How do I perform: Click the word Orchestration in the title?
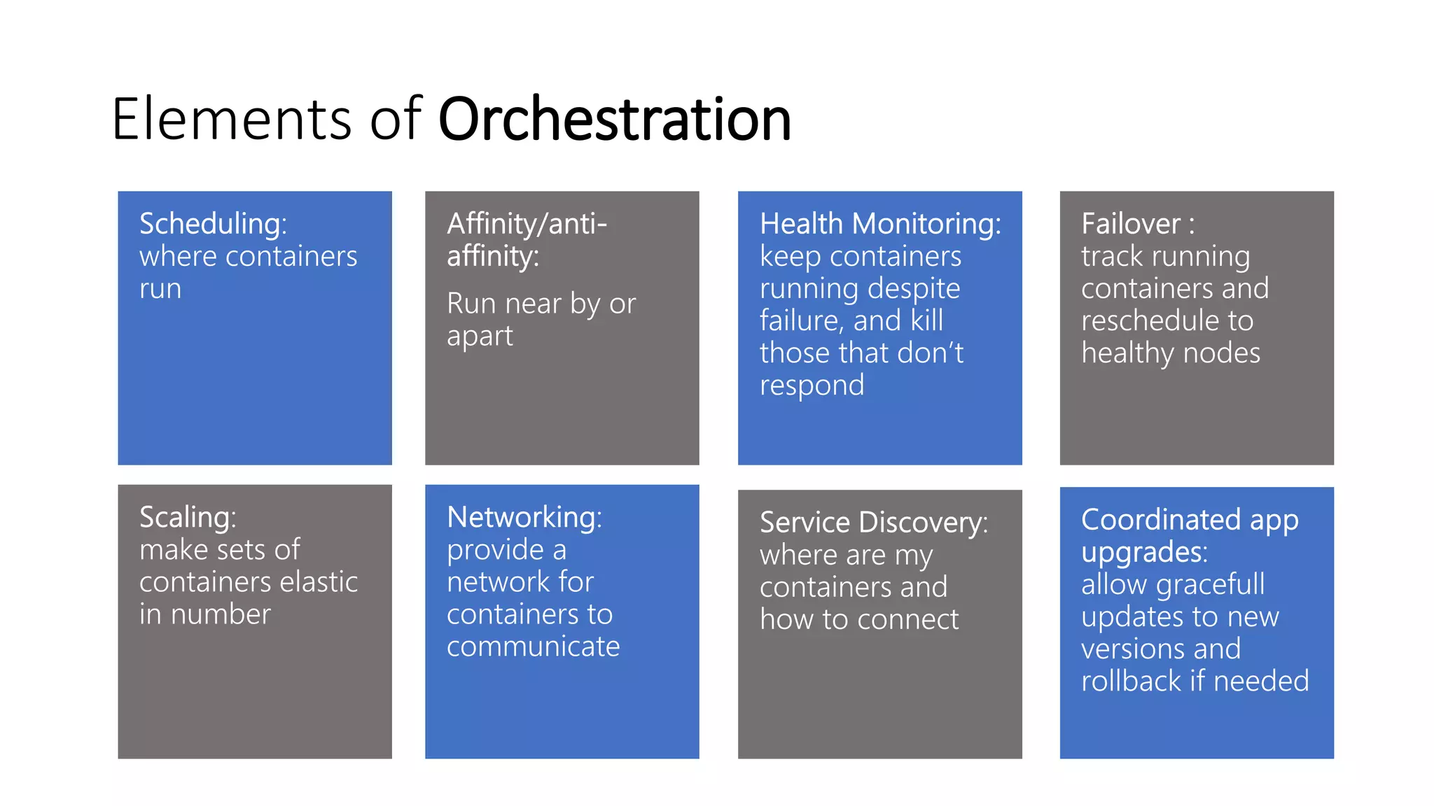614,119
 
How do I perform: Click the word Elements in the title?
231,119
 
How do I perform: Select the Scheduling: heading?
213,224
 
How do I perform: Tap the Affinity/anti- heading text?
527,224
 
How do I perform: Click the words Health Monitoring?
880,224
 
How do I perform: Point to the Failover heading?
1130,224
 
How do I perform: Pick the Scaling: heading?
188,518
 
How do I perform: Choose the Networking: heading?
524,518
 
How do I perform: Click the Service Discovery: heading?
873,523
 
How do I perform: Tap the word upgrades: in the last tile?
1144,552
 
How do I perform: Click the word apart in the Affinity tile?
480,337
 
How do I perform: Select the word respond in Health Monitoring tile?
812,386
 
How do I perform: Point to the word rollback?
1131,681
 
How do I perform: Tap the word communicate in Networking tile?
533,646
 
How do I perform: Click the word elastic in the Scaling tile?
318,582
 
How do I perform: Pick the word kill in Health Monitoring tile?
926,320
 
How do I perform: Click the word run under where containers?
160,289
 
